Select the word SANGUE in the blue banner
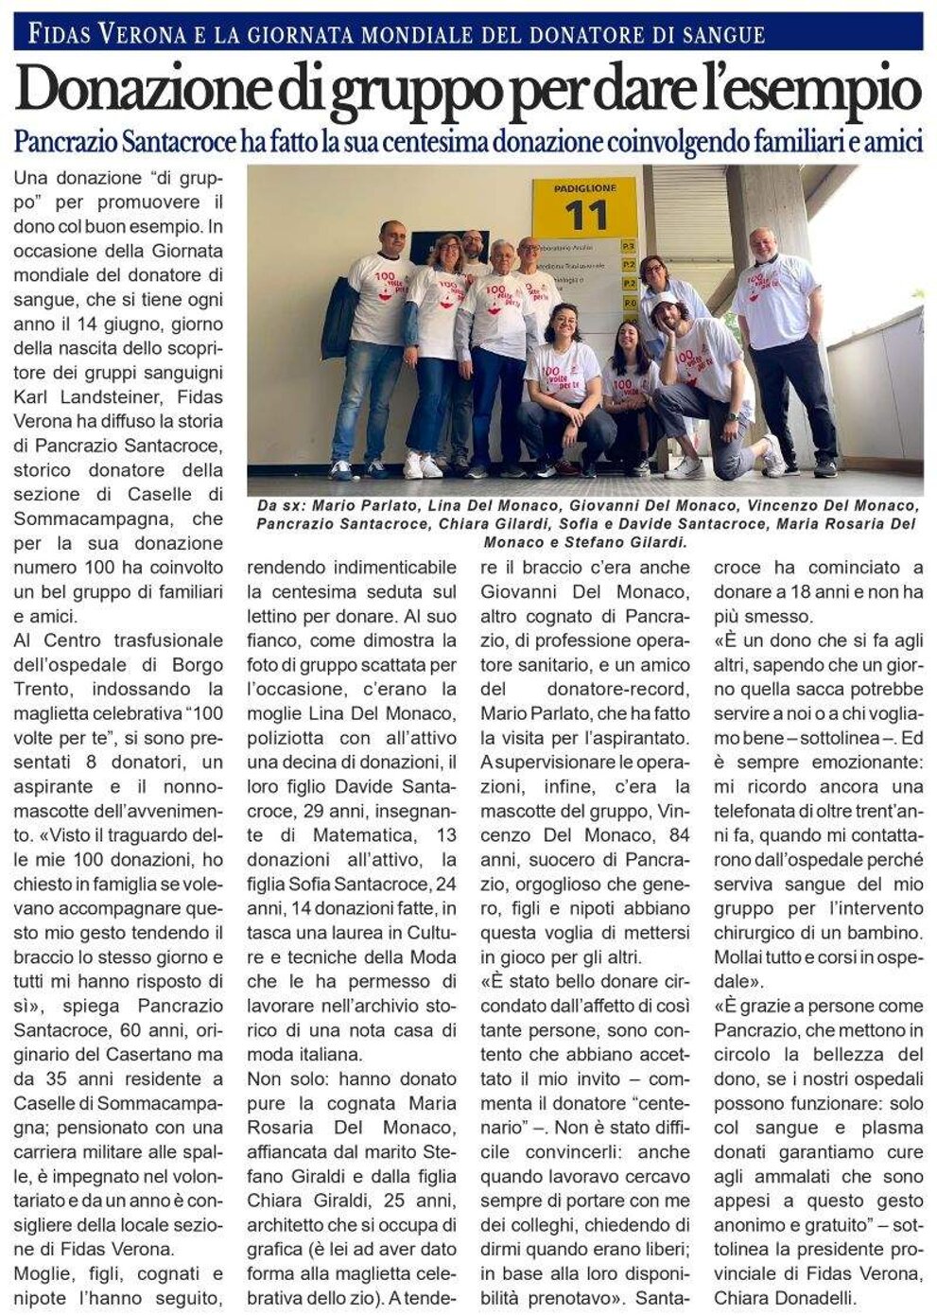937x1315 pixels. (719, 35)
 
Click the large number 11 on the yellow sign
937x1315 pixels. (585, 216)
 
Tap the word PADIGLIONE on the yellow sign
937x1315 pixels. (585, 188)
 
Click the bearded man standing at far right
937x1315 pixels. (782, 341)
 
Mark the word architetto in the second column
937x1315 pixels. (290, 1225)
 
